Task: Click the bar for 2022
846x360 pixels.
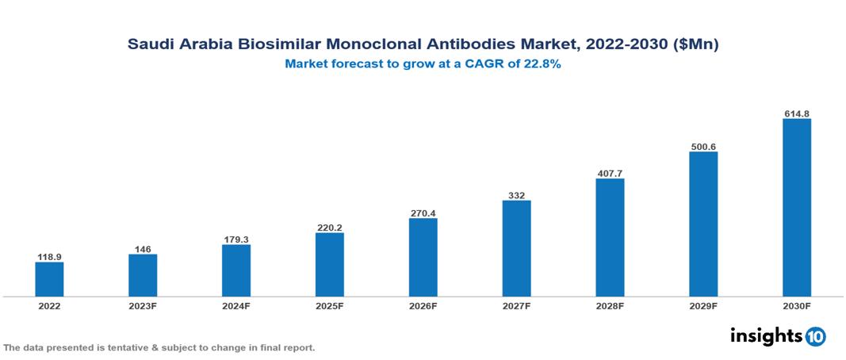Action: click(x=49, y=279)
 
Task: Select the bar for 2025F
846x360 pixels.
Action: click(x=329, y=265)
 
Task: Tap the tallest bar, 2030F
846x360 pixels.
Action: click(x=796, y=208)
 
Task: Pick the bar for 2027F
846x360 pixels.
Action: click(x=516, y=248)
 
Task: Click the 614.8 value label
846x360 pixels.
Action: click(x=796, y=113)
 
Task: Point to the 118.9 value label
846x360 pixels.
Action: click(x=49, y=257)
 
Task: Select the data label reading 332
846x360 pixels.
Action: click(x=516, y=195)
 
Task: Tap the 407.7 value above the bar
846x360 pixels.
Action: click(x=610, y=173)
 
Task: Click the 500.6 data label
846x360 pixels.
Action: click(x=703, y=147)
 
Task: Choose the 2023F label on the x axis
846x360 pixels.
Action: click(x=143, y=305)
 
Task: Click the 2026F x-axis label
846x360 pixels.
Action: click(x=423, y=305)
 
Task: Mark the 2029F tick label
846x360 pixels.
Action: click(x=703, y=305)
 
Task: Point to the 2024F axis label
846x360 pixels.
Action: click(x=236, y=305)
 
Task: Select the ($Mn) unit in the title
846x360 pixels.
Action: click(x=695, y=45)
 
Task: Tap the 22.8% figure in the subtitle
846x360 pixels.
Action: click(x=542, y=65)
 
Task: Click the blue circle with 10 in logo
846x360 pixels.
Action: click(x=815, y=336)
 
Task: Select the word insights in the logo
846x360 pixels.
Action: click(x=766, y=335)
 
